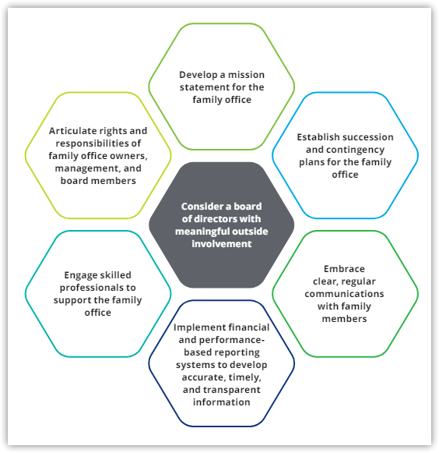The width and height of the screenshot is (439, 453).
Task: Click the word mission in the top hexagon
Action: coord(246,75)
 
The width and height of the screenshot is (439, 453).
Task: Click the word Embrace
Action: coord(344,269)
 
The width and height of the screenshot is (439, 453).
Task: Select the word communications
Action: coord(344,294)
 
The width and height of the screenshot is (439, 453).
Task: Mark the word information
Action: coord(222,402)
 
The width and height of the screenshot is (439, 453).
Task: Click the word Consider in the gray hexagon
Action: coord(199,207)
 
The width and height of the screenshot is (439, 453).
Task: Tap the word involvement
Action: coord(222,244)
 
